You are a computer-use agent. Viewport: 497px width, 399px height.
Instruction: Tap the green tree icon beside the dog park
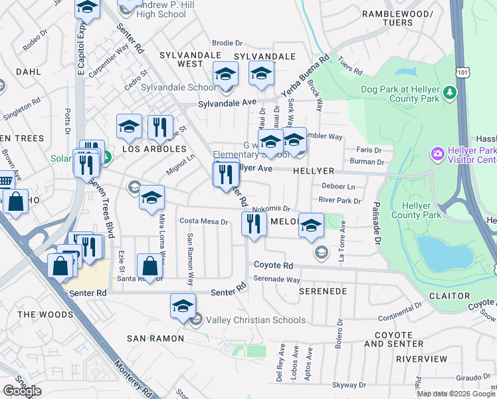(450, 91)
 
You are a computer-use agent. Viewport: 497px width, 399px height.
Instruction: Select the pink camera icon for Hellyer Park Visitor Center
(437, 154)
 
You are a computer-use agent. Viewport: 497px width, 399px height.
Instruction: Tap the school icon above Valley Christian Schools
(183, 307)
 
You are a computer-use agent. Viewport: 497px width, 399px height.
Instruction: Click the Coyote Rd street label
(273, 265)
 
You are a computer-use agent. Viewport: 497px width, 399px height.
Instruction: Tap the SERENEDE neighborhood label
(323, 291)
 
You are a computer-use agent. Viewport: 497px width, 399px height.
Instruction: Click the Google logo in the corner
(22, 391)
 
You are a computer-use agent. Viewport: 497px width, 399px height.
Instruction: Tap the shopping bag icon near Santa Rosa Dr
(149, 267)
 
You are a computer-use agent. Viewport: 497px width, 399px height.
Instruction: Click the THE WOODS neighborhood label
(45, 314)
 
